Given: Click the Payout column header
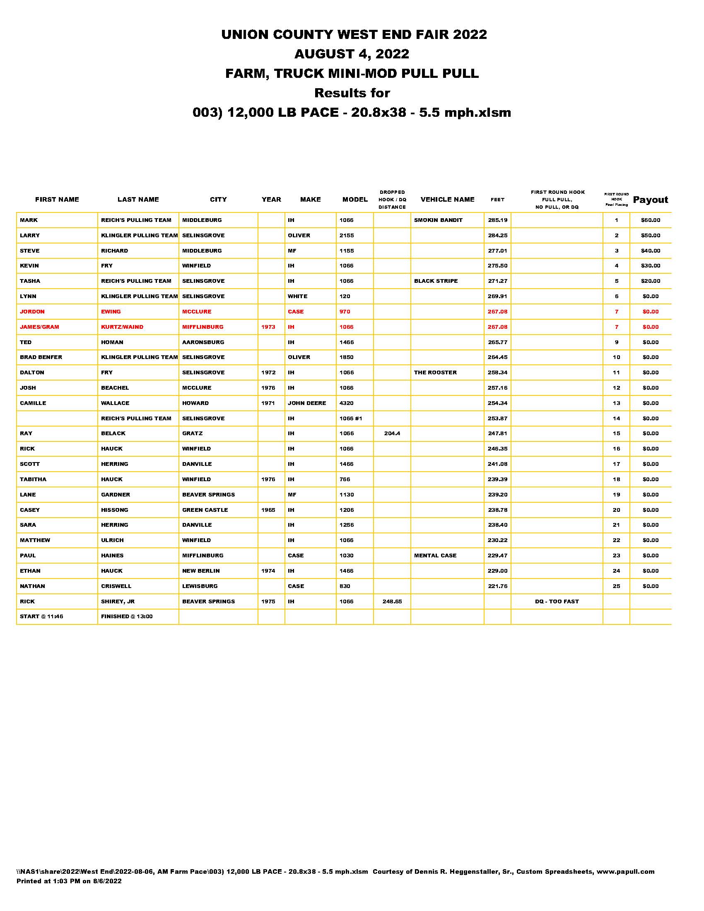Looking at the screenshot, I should click(x=650, y=200).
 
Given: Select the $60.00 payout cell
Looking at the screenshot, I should click(x=650, y=220).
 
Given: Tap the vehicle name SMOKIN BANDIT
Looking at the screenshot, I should click(x=438, y=220).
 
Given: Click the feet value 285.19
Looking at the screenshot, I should click(x=497, y=220).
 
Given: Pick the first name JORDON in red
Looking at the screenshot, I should click(x=32, y=311).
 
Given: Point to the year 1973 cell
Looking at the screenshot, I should click(x=268, y=327).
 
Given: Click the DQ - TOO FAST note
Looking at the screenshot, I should click(x=557, y=602).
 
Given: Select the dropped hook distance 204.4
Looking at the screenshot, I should click(x=392, y=434).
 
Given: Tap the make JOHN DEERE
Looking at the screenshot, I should click(x=307, y=403).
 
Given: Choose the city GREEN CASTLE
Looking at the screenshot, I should click(x=205, y=510).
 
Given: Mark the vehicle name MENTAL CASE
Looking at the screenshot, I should click(x=435, y=556).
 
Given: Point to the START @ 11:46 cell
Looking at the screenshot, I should click(x=42, y=617).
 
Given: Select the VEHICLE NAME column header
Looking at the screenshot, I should click(x=448, y=200).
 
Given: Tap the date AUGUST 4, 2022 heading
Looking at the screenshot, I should click(x=352, y=54).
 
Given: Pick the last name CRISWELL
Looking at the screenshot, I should click(x=116, y=586).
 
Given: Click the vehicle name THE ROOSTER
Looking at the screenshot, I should click(x=435, y=373).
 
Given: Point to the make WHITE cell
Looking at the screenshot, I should click(x=297, y=296).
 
